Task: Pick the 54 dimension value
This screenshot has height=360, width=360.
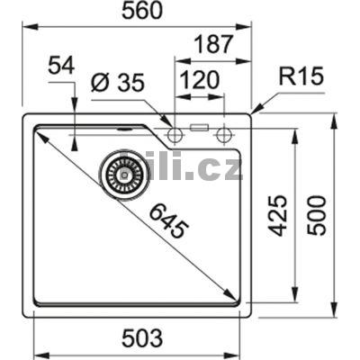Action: [61, 65]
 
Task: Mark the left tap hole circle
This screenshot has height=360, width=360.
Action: [176, 134]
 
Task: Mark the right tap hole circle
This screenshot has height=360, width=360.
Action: [224, 134]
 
